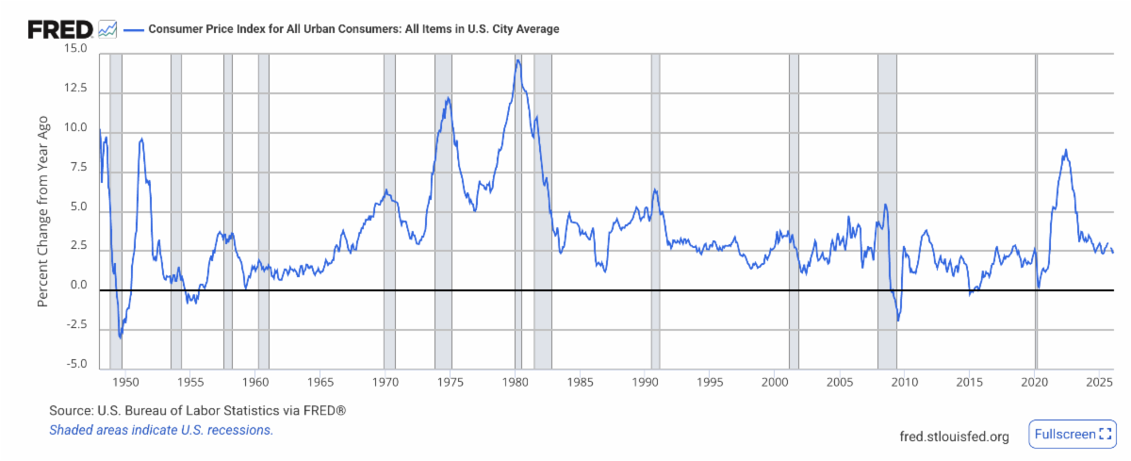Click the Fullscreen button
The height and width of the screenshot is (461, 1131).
click(x=1073, y=435)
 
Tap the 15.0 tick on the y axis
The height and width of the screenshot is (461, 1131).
click(x=74, y=48)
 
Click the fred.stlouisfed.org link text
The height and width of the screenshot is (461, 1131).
click(x=955, y=436)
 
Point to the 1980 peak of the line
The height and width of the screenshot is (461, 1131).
click(x=517, y=60)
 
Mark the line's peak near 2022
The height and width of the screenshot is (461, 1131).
click(x=1065, y=150)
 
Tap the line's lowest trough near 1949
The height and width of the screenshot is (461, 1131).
click(x=120, y=337)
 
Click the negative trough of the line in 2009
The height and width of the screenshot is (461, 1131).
click(x=898, y=321)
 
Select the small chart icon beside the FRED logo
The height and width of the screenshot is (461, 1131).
click(x=108, y=29)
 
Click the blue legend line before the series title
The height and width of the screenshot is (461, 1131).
click(x=133, y=29)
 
